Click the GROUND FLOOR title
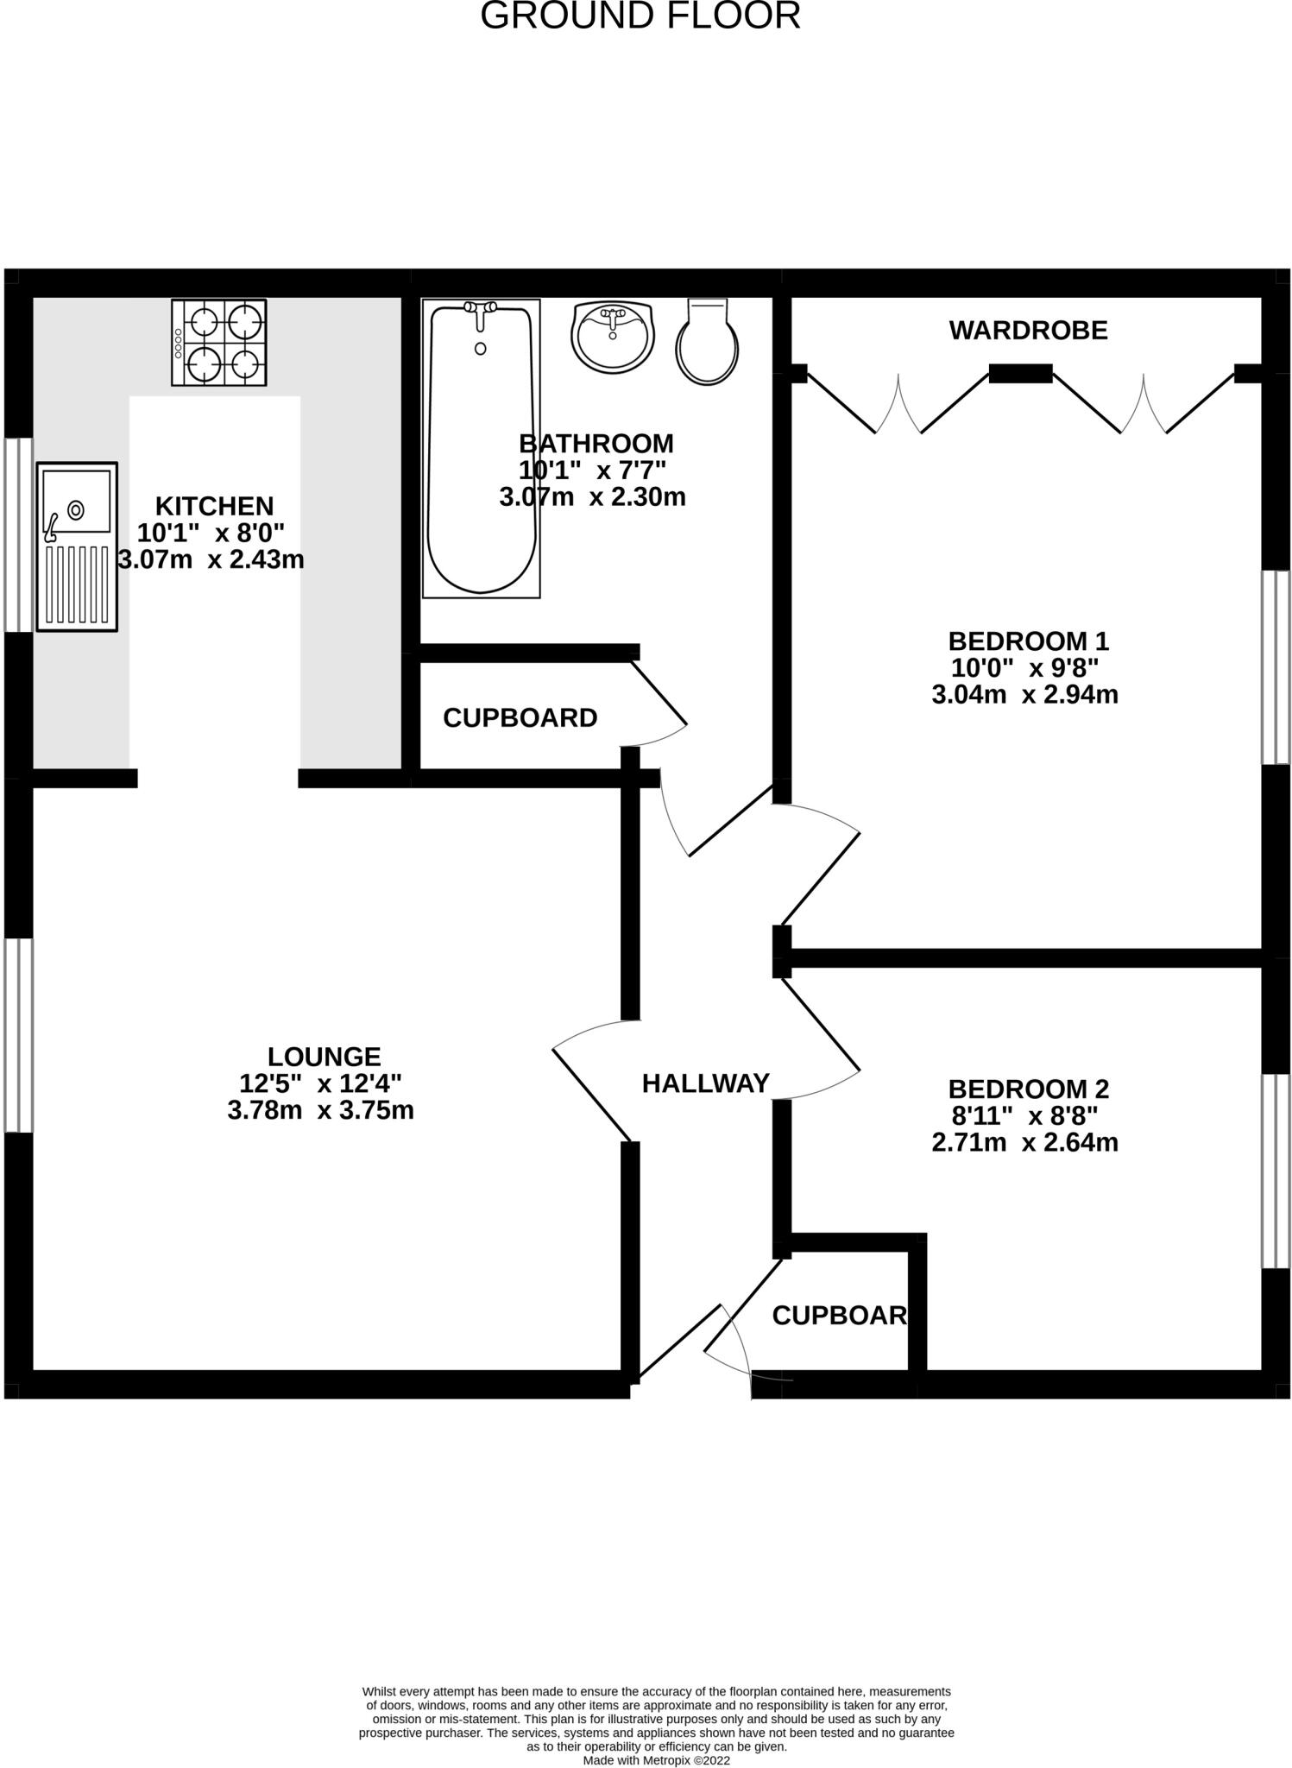640,16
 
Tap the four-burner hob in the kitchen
219,343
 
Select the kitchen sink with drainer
76,545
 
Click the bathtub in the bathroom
481,449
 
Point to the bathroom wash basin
613,337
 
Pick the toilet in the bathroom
708,342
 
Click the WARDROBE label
1028,331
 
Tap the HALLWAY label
705,1083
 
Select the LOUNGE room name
324,1057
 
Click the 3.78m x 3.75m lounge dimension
320,1110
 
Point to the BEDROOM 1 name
1028,641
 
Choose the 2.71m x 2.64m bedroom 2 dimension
1024,1143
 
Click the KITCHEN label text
214,506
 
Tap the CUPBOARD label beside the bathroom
520,718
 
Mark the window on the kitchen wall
18,534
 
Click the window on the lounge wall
18,1035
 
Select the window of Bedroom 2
1275,1171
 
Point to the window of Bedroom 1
1275,667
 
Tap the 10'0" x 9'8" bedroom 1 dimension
1024,668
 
